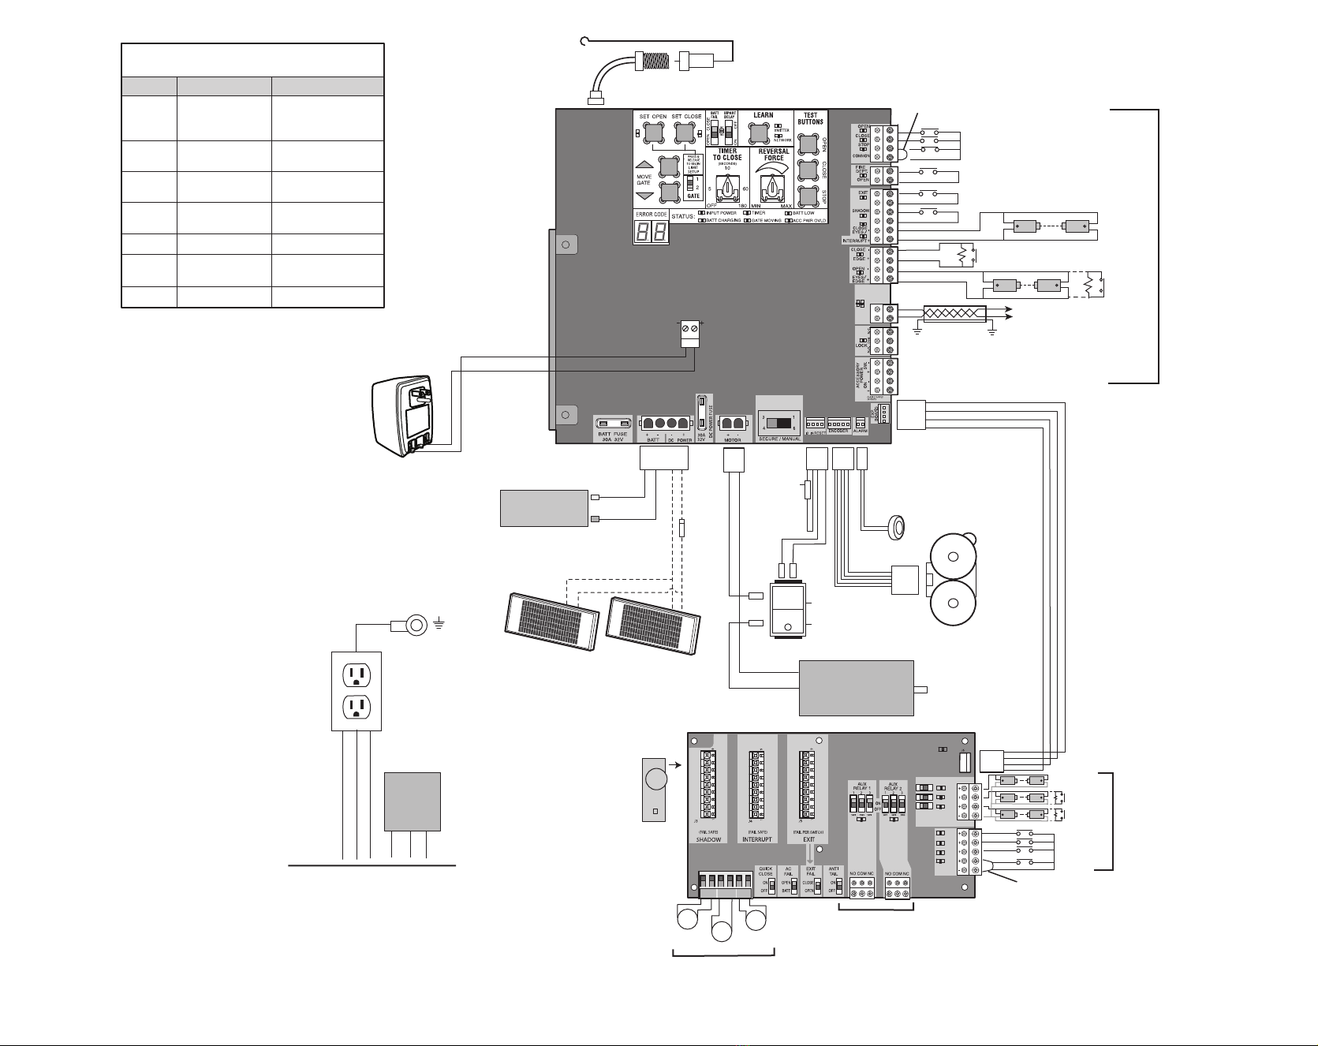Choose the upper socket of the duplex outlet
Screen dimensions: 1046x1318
pos(355,674)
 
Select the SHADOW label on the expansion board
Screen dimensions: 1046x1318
pos(708,839)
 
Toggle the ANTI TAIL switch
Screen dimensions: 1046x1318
pos(834,886)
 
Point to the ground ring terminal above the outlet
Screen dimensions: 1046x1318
pos(416,626)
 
